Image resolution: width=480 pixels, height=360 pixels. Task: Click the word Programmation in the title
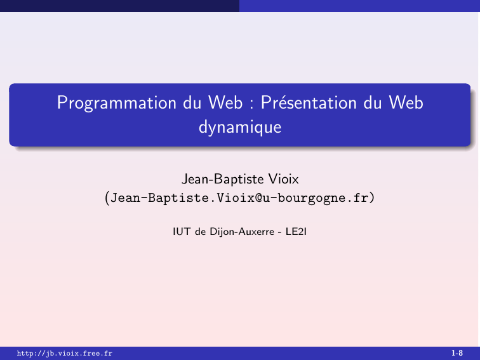pyautogui.click(x=117, y=103)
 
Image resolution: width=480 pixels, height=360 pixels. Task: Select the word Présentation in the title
pyautogui.click(x=309, y=102)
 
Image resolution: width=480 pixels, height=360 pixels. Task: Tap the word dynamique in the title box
pyautogui.click(x=240, y=128)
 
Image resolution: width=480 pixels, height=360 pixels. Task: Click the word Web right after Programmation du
pyautogui.click(x=225, y=102)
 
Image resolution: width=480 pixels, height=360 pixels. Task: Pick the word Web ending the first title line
pyautogui.click(x=406, y=102)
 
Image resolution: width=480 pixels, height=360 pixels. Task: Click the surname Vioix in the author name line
pyautogui.click(x=283, y=179)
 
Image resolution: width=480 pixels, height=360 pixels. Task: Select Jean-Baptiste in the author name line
pyautogui.click(x=223, y=180)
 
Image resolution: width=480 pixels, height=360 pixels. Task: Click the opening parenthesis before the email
pyautogui.click(x=107, y=197)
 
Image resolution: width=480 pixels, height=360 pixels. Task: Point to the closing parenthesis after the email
pyautogui.click(x=372, y=197)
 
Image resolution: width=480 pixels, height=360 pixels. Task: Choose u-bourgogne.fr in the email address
pyautogui.click(x=316, y=198)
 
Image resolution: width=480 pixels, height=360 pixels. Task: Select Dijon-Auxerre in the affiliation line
pyautogui.click(x=242, y=232)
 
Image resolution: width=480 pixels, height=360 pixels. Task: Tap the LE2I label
pyautogui.click(x=296, y=232)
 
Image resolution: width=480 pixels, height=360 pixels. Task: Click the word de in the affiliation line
pyautogui.click(x=200, y=232)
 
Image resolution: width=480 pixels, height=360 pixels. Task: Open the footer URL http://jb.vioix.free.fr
pyautogui.click(x=65, y=354)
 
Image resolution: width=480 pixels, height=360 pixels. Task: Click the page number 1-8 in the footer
pyautogui.click(x=457, y=353)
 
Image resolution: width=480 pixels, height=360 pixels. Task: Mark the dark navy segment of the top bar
pyautogui.click(x=120, y=6)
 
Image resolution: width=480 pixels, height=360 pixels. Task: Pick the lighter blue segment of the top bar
pyautogui.click(x=360, y=6)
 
